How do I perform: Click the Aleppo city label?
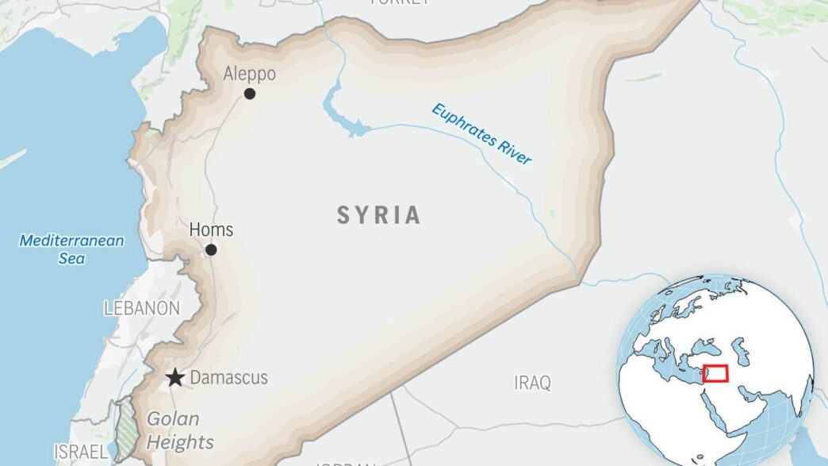pos(249,74)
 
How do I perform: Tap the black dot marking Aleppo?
pos(250,94)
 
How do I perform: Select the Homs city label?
pos(211,230)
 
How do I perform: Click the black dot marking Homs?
pos(211,250)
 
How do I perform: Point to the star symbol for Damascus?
pos(175,378)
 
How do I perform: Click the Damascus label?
pos(229,378)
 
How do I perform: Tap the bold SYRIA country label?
pos(379,215)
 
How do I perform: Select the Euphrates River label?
pos(481,133)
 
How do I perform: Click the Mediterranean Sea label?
pos(72,248)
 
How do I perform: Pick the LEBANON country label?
pos(142,308)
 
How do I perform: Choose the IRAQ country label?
pos(532,383)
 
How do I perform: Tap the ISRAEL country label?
pos(80,452)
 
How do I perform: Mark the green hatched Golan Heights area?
pos(125,429)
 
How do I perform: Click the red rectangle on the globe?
pos(715,373)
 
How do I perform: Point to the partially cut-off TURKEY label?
pos(401,3)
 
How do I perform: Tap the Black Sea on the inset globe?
pos(703,347)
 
